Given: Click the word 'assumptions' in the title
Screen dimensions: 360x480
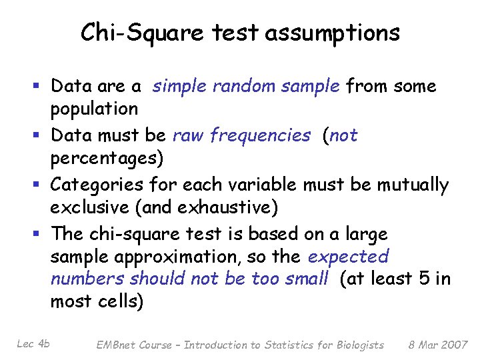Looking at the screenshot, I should point(333,32).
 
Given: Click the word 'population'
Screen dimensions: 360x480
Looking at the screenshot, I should point(95,109).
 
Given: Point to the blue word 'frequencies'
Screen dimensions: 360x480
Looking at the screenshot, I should point(260,135).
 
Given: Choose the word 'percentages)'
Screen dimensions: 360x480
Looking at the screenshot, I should point(106,158).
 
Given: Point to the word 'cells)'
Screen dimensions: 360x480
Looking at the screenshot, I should point(121,302).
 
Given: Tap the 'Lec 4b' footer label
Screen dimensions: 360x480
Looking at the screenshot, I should point(34,343).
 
